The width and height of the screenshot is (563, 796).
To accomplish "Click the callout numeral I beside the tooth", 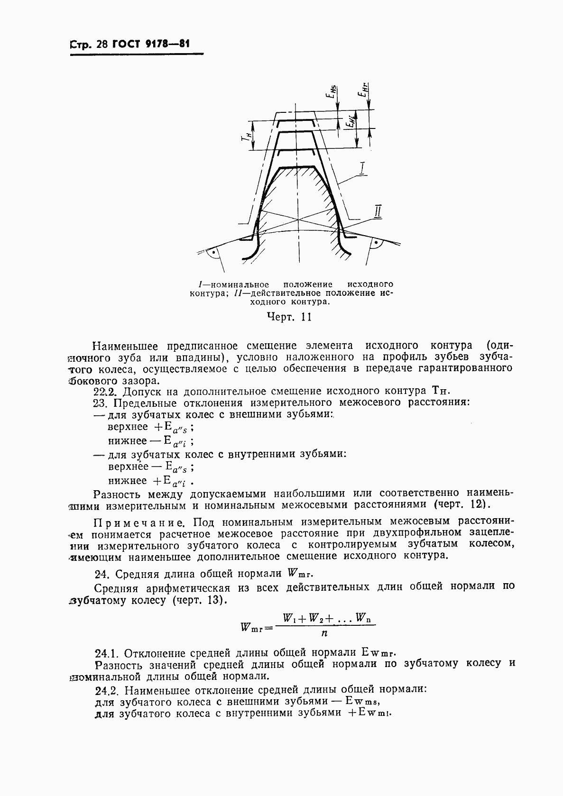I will [x=362, y=168].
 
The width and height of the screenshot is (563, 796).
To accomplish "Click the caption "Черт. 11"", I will [x=289, y=317].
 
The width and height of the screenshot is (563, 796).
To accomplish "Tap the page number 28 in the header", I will [x=102, y=45].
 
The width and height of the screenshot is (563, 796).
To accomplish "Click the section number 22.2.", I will [x=104, y=391].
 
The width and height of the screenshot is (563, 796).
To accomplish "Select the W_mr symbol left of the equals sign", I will [x=252, y=627].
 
